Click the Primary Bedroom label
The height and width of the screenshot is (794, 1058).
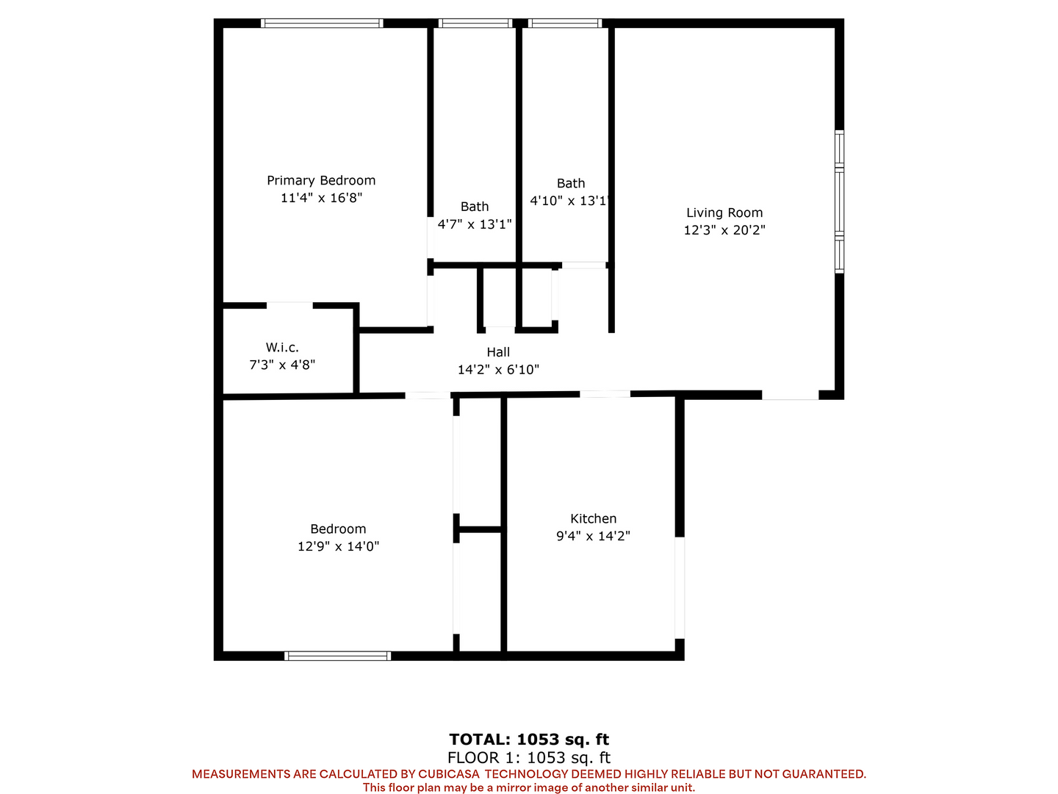pyautogui.click(x=321, y=181)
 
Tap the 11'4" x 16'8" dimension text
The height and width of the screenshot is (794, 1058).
pyautogui.click(x=322, y=198)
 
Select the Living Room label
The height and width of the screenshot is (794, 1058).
pyautogui.click(x=724, y=213)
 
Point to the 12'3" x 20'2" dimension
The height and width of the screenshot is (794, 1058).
pyautogui.click(x=724, y=230)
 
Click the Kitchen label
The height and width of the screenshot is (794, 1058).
pyautogui.click(x=594, y=519)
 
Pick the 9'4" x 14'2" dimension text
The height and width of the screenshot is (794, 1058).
pyautogui.click(x=594, y=536)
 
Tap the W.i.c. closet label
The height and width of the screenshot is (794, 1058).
pyautogui.click(x=282, y=347)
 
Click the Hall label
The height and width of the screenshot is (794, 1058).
pyautogui.click(x=498, y=352)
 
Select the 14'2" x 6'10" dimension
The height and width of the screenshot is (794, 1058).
pyautogui.click(x=498, y=369)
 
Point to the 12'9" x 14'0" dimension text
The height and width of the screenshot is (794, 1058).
pyautogui.click(x=339, y=546)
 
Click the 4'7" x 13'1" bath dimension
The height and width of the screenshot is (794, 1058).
pyautogui.click(x=475, y=224)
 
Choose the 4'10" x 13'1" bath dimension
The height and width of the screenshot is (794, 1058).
pyautogui.click(x=570, y=201)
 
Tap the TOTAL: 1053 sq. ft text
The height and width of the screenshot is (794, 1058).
pyautogui.click(x=529, y=739)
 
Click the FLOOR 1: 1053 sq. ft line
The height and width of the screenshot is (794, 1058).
pyautogui.click(x=529, y=757)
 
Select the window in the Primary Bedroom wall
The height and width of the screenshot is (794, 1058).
pyautogui.click(x=322, y=23)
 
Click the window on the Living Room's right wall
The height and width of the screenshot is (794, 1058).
pyautogui.click(x=839, y=201)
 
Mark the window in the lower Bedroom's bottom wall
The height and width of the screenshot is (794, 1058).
pyautogui.click(x=337, y=656)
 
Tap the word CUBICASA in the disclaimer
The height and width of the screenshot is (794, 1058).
pyautogui.click(x=448, y=773)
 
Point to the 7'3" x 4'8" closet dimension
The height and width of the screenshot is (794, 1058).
pyautogui.click(x=282, y=365)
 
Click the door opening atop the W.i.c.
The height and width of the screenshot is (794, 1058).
pyautogui.click(x=289, y=305)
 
